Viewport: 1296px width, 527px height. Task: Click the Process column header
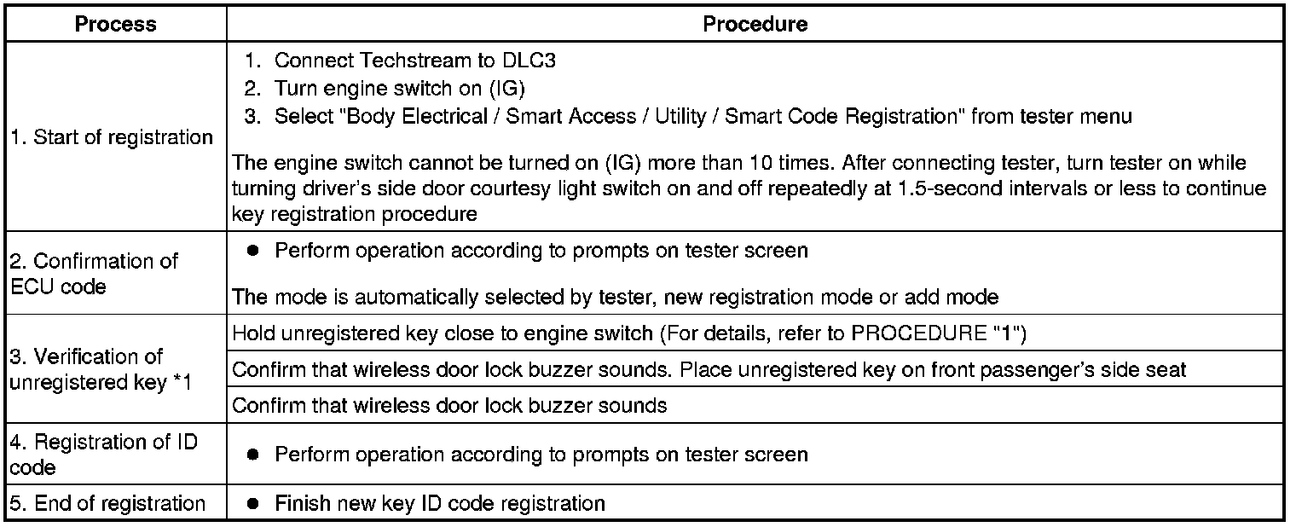tap(115, 24)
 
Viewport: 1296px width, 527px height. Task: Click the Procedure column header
tap(755, 24)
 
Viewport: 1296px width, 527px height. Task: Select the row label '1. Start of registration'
tap(111, 137)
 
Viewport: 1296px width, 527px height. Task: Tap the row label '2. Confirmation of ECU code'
tap(94, 274)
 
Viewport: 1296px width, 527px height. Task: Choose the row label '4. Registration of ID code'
tap(103, 455)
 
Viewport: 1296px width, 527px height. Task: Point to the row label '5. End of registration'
tap(107, 503)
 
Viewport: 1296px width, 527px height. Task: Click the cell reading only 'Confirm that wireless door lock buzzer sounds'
tap(449, 405)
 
